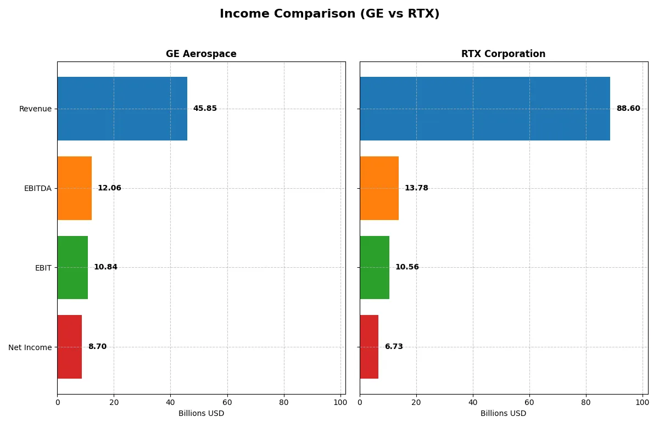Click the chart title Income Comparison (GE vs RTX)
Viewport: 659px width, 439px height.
pos(329,14)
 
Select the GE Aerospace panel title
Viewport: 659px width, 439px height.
pos(201,54)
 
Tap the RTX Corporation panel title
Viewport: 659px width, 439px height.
pos(503,54)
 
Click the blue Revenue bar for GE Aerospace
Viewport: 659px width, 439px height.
pos(122,109)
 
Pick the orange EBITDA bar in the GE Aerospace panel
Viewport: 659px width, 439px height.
pos(74,188)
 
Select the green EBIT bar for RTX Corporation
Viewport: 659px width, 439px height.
pos(375,268)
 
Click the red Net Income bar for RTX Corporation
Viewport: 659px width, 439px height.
pos(369,347)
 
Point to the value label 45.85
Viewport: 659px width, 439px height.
pos(205,109)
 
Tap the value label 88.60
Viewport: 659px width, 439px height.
pos(628,109)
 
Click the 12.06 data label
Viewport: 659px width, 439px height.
pos(109,188)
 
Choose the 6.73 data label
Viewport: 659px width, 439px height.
pos(393,347)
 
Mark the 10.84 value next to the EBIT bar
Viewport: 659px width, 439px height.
pos(105,267)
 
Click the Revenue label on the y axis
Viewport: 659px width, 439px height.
pos(35,109)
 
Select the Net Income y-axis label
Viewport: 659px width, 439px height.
pos(30,347)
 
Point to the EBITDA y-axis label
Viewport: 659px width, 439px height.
pos(37,188)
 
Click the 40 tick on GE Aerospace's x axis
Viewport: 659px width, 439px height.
pos(170,402)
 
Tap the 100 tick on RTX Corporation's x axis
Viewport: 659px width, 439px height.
pos(643,402)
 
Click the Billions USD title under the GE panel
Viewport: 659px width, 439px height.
pos(201,413)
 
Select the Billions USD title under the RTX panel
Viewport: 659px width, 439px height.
pos(503,413)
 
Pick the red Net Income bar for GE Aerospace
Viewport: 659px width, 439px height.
pos(69,347)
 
